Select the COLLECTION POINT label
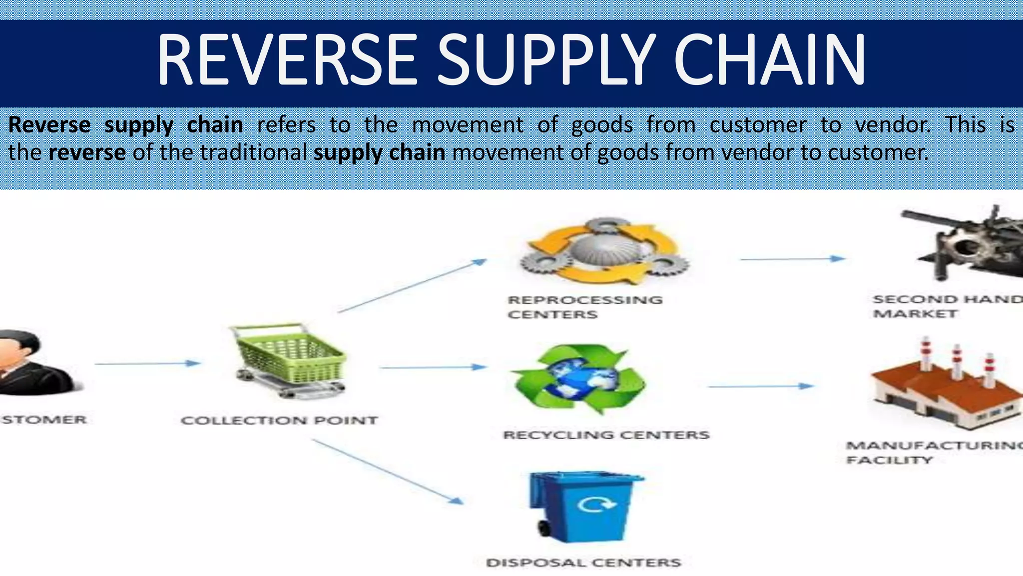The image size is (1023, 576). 279,420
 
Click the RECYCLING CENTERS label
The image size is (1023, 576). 606,435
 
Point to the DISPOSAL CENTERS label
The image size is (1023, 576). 583,563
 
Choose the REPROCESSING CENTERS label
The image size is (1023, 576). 584,307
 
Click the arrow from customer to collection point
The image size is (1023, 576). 147,363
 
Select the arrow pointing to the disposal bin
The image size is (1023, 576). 387,470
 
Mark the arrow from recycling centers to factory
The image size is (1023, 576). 761,386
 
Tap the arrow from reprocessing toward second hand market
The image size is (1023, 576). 792,259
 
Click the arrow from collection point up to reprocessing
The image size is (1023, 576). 412,285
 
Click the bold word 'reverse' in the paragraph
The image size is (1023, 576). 87,152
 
